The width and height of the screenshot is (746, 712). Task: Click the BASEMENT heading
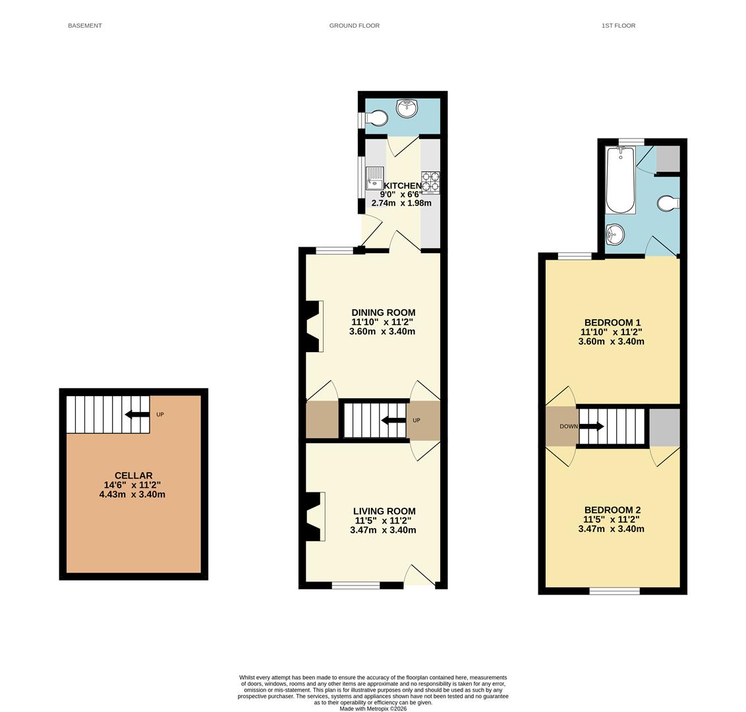click(x=84, y=26)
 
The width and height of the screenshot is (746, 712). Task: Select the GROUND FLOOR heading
click(x=354, y=26)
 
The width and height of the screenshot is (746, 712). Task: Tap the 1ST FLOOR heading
click(x=618, y=26)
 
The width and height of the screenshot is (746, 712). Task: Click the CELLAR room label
click(x=133, y=475)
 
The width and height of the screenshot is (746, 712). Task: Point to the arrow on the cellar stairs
click(x=137, y=415)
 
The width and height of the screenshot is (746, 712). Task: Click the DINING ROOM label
click(x=383, y=312)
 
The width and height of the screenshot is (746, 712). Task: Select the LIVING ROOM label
click(x=384, y=511)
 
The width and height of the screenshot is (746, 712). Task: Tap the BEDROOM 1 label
click(x=612, y=323)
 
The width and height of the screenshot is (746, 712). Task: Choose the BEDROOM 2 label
click(x=612, y=510)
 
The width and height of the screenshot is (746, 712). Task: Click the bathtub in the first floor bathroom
click(x=620, y=181)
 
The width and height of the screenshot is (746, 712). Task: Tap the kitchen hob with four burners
click(x=430, y=181)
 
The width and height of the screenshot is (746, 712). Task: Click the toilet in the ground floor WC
click(x=377, y=119)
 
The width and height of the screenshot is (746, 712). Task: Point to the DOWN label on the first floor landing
click(x=568, y=427)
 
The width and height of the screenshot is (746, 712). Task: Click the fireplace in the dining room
click(x=314, y=326)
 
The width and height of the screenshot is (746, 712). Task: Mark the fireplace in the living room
click(x=316, y=517)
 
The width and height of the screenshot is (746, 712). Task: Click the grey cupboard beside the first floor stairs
click(x=664, y=427)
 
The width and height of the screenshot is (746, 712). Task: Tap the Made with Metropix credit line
click(x=373, y=709)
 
